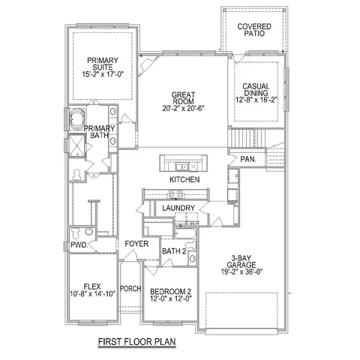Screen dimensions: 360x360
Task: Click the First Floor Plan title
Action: (136, 341)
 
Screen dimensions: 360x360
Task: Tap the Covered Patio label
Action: (254, 30)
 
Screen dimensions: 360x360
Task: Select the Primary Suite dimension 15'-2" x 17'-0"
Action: (103, 74)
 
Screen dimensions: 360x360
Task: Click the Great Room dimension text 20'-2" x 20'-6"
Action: (183, 108)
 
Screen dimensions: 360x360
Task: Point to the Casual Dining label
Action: (256, 89)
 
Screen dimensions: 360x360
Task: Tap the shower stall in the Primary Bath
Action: (77, 145)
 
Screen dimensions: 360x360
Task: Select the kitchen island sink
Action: (182, 166)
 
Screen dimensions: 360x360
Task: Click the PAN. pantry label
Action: (248, 159)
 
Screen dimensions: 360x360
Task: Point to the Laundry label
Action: (178, 208)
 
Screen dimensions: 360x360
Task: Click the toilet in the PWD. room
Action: (75, 233)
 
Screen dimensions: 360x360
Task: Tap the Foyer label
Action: (136, 244)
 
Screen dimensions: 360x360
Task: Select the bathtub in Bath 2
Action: (185, 233)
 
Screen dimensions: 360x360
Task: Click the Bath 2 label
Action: (174, 251)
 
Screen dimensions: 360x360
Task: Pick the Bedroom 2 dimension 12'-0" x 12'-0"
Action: (171, 298)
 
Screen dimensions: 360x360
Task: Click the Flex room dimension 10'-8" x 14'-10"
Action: (92, 293)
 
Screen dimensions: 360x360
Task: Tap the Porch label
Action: (130, 289)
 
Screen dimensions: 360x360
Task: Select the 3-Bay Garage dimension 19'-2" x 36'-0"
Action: (241, 271)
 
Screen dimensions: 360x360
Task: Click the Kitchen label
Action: (184, 179)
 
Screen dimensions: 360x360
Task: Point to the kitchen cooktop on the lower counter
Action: (175, 194)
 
